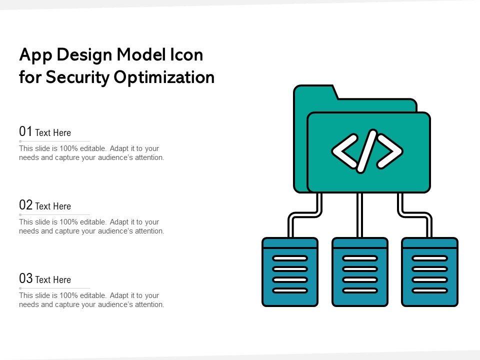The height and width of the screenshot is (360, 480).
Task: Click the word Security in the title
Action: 77,77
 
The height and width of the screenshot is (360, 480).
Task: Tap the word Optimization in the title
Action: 164,77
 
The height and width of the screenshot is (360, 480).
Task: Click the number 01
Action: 25,131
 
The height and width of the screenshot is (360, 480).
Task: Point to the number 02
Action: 25,205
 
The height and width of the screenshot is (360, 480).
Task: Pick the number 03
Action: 25,278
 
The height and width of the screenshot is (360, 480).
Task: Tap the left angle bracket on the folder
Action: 345,151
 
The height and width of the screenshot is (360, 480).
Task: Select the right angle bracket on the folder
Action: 389,151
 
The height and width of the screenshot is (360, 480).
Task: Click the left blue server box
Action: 290,272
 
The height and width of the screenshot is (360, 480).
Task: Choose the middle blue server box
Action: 360,272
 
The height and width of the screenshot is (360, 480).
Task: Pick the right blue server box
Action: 430,272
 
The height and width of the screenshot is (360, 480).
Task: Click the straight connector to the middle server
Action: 360,215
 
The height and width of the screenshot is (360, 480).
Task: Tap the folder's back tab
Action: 315,92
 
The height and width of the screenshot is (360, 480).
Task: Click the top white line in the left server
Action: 290,258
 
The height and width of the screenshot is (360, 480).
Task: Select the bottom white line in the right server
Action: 430,290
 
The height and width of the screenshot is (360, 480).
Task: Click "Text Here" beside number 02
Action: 53,206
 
